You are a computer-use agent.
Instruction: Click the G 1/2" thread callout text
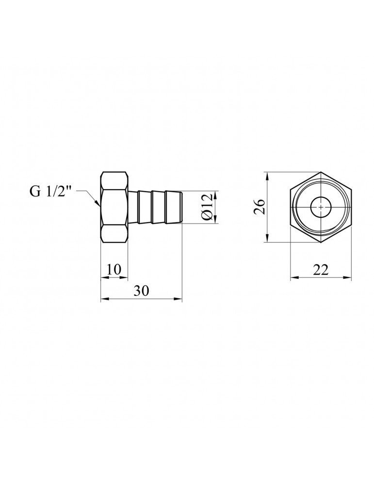[50, 192]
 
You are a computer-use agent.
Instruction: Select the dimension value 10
[114, 269]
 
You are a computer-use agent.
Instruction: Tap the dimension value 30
[141, 291]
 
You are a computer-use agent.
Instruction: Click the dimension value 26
[259, 207]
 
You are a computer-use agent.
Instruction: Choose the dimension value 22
[320, 270]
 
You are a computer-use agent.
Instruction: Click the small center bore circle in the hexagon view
[321, 207]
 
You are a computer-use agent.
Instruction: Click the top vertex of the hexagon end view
[321, 172]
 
